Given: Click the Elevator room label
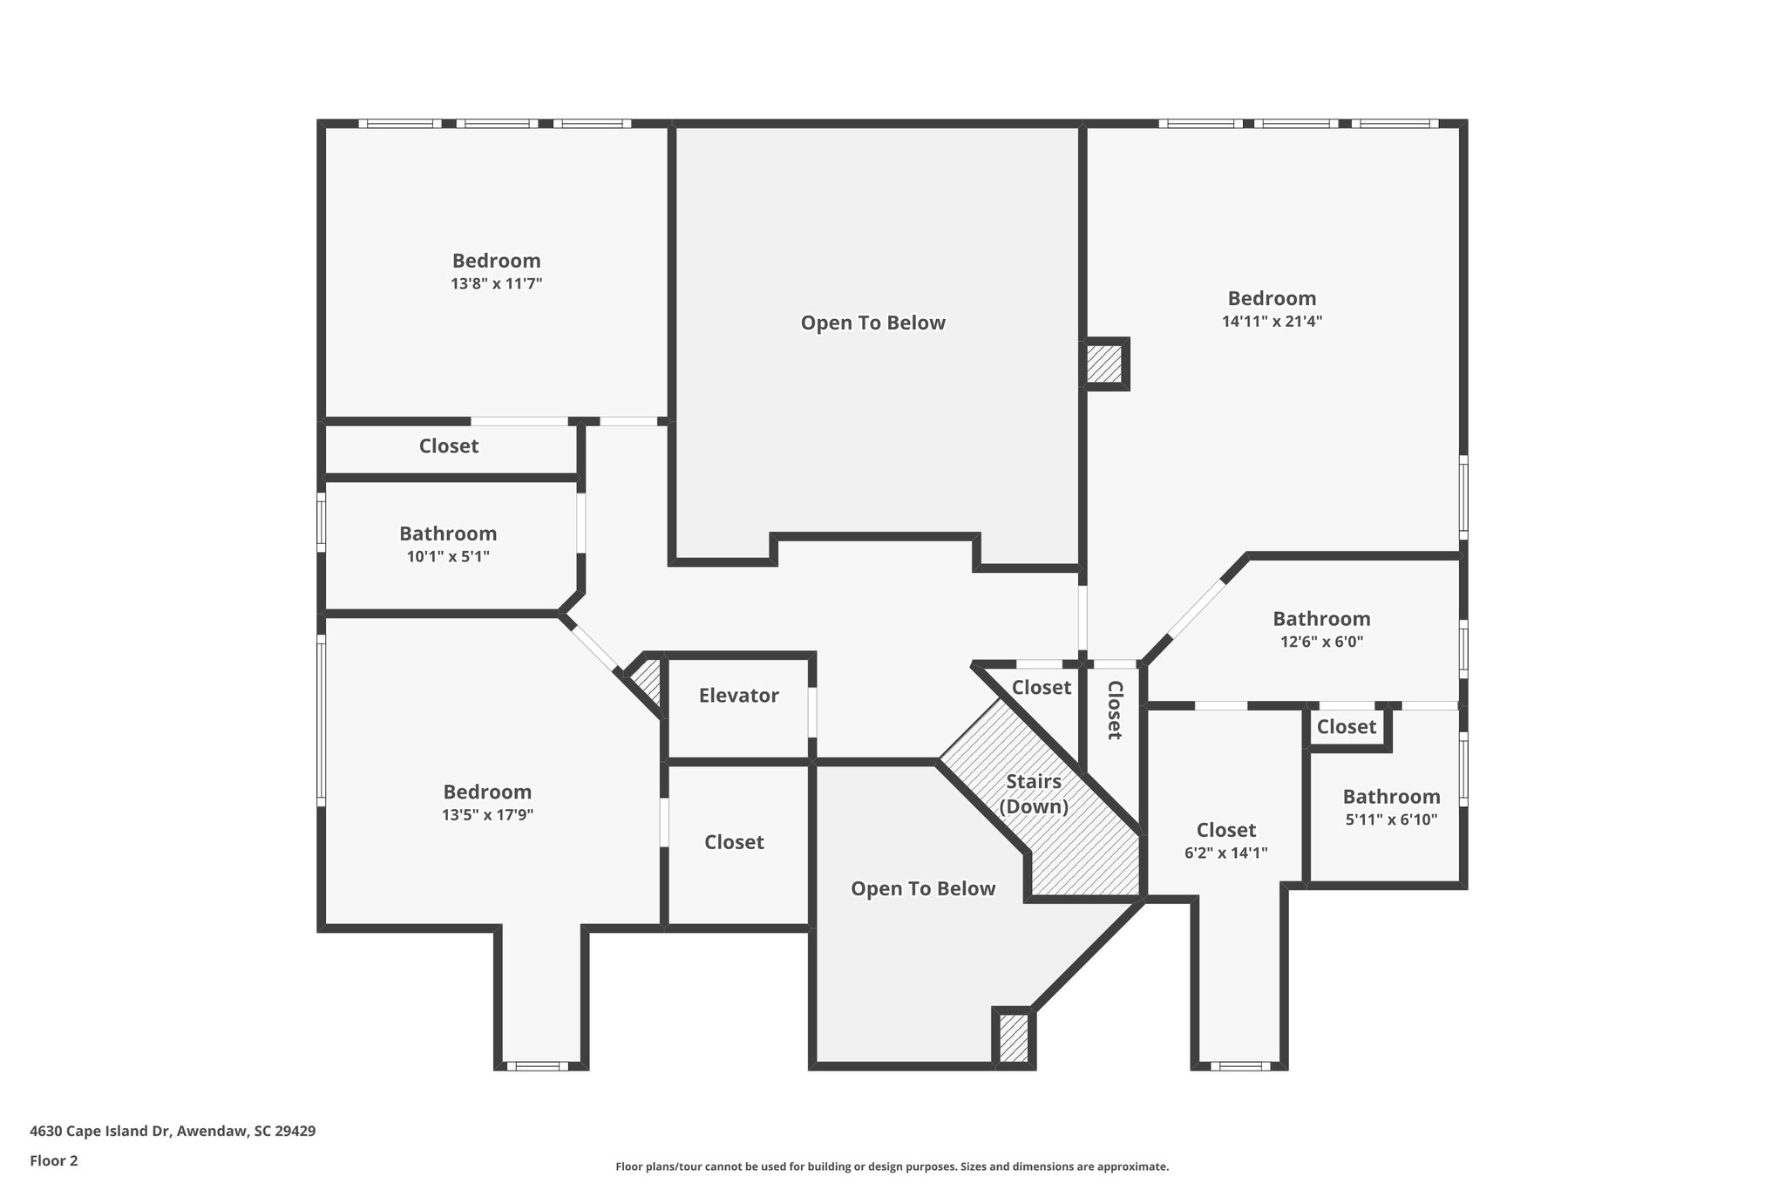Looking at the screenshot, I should pos(738,696).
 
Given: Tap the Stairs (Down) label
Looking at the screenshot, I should pos(1034,793).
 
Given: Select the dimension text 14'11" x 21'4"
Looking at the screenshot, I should pos(1272,321).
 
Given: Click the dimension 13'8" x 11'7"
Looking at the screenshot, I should pos(496,283).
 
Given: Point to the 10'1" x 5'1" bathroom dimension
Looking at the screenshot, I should pos(448,556).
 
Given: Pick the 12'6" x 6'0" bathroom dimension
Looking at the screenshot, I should pos(1321,642).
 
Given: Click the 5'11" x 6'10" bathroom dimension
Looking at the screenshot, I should pos(1391,819).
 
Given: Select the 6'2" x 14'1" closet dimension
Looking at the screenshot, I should pos(1225,853).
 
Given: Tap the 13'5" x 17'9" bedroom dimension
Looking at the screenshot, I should pos(487,815).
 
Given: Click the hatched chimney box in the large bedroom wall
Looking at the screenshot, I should pos(1104,363).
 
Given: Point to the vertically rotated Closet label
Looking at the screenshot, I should pos(1114,710).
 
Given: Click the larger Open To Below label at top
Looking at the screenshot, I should pos(872,323).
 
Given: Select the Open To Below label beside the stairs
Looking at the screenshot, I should pos(923,889).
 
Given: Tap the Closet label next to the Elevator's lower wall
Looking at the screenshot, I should pos(734,842).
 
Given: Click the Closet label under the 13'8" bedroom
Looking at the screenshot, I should pos(449,446).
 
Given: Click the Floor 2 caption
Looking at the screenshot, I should pos(54,1160).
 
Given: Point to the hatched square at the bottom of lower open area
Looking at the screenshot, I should pos(1014,1038).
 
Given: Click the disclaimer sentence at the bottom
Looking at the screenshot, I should pos(892,1166).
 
